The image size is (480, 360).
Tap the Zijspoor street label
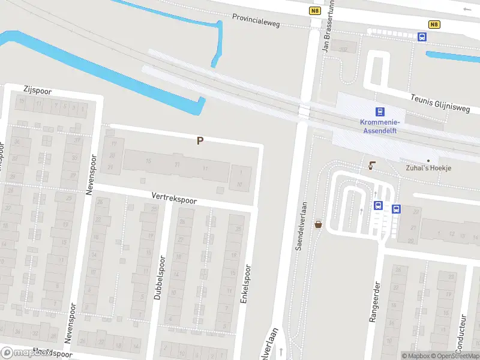[x=37, y=90]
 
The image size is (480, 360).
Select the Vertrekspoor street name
[x=174, y=197]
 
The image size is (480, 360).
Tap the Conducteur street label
[x=463, y=333]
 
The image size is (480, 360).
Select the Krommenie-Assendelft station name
[x=380, y=125]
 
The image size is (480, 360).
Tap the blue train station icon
[x=379, y=112]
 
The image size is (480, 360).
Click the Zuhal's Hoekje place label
[x=428, y=168]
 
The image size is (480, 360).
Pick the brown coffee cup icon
[x=372, y=166]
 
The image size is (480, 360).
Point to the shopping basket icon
[x=318, y=224]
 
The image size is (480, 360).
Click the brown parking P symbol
[x=200, y=141]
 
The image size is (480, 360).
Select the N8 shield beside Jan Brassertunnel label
[x=314, y=10]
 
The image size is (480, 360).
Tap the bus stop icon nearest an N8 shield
[x=422, y=37]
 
